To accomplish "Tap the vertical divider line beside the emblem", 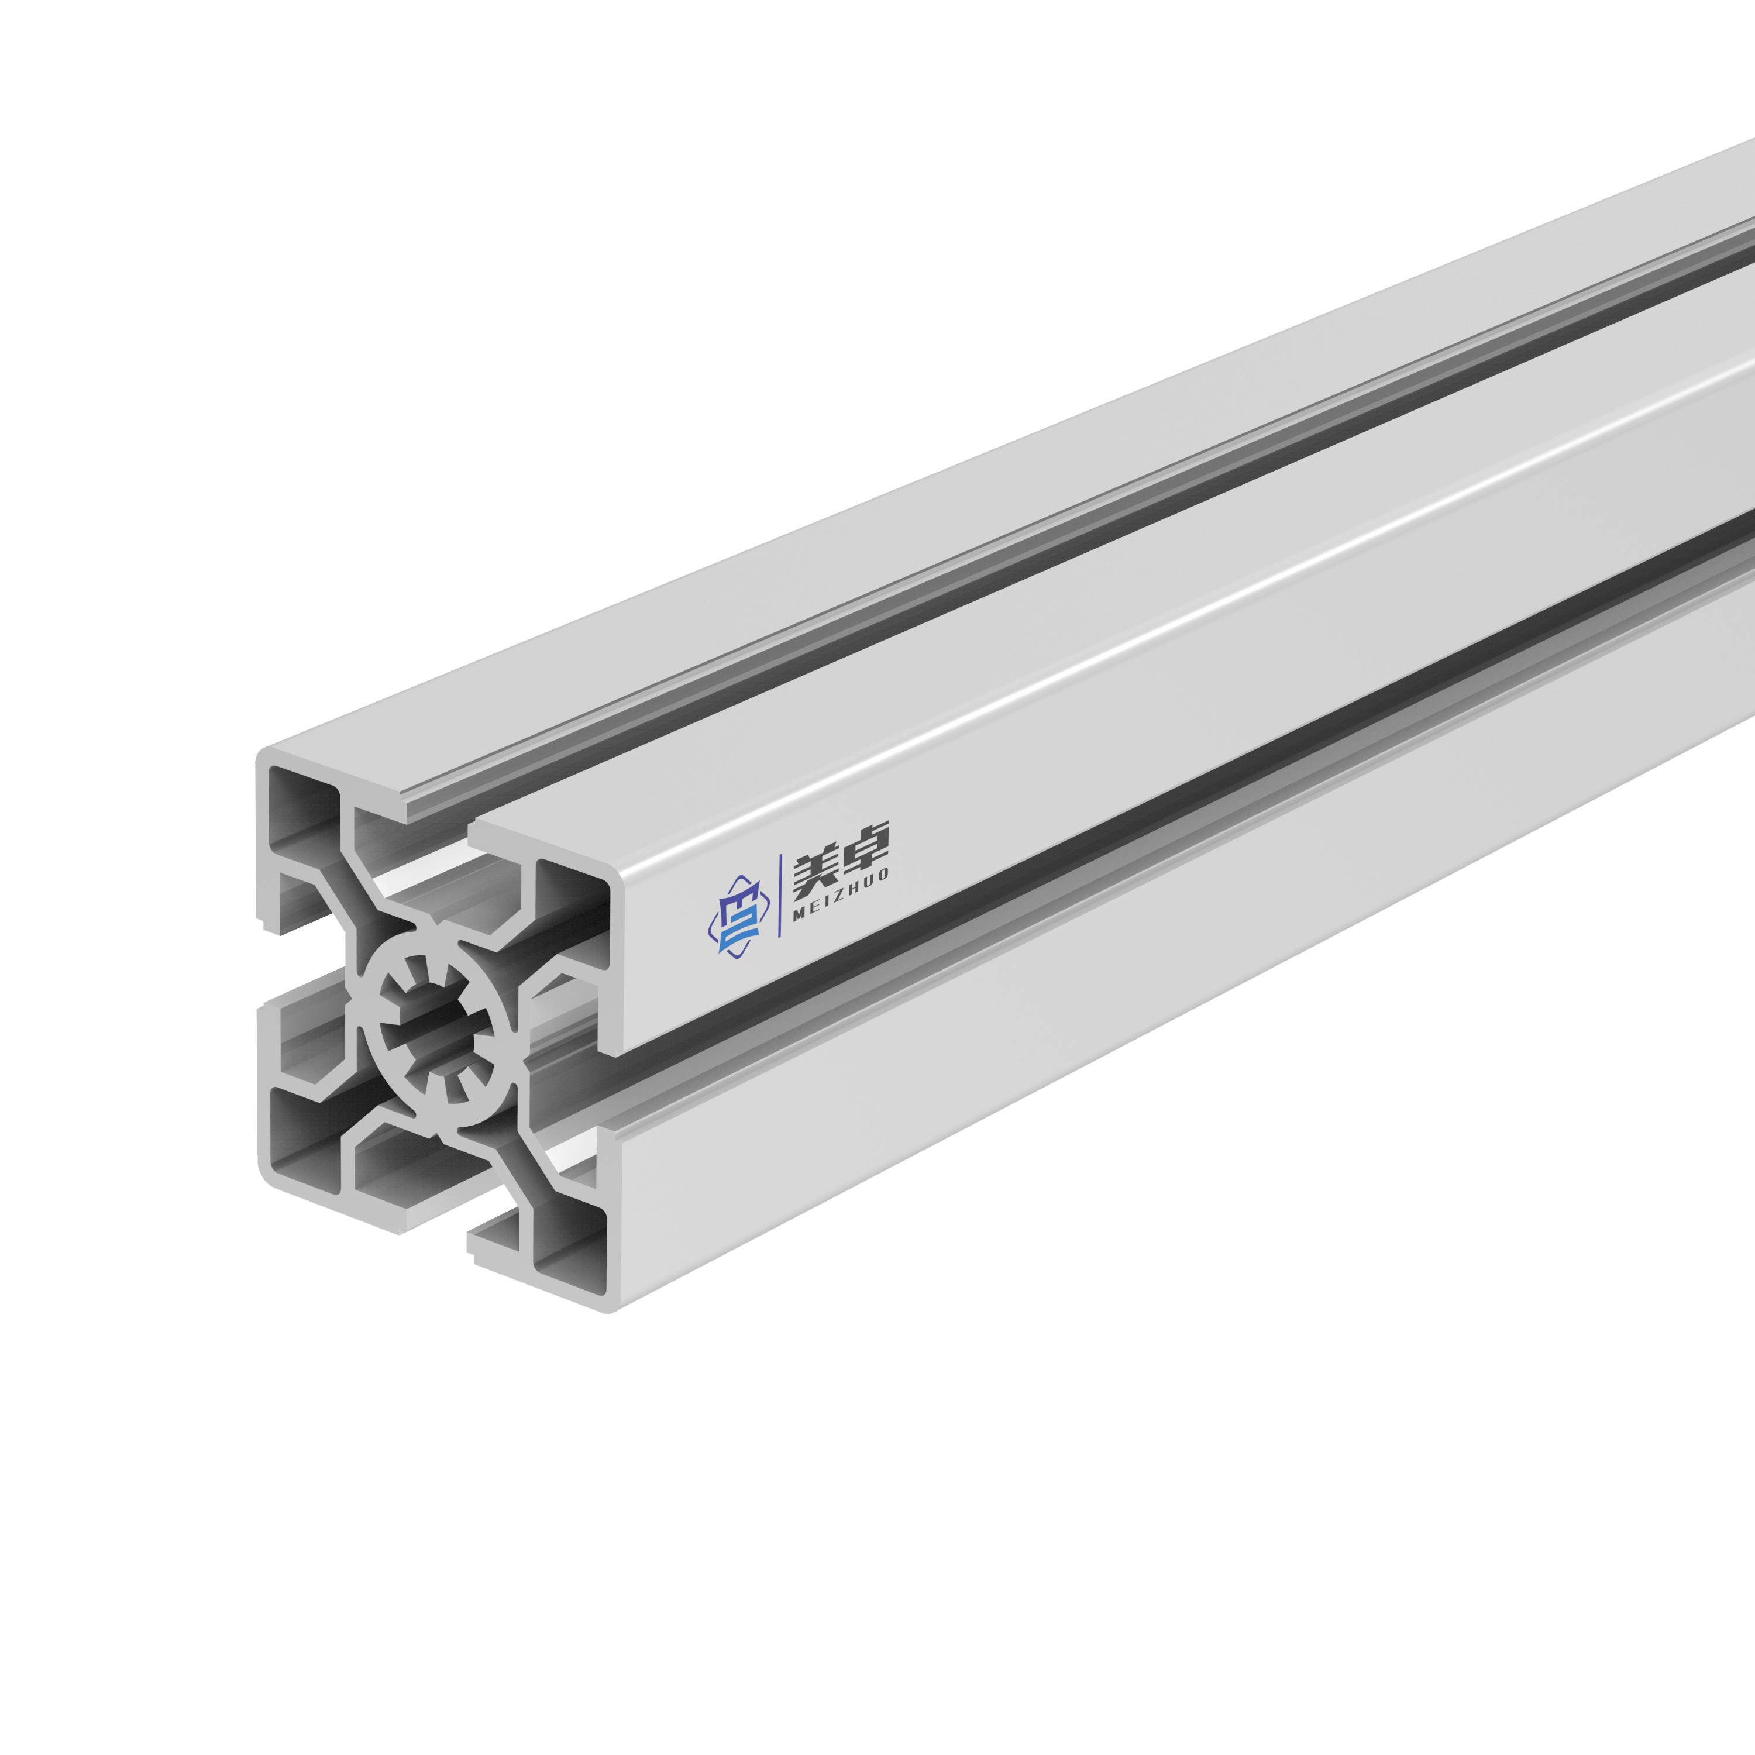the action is point(781,896).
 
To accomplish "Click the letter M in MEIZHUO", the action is point(799,914).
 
